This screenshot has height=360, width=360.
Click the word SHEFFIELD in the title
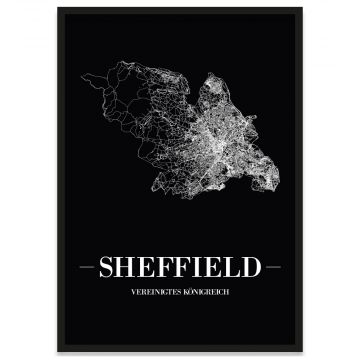point(180,268)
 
